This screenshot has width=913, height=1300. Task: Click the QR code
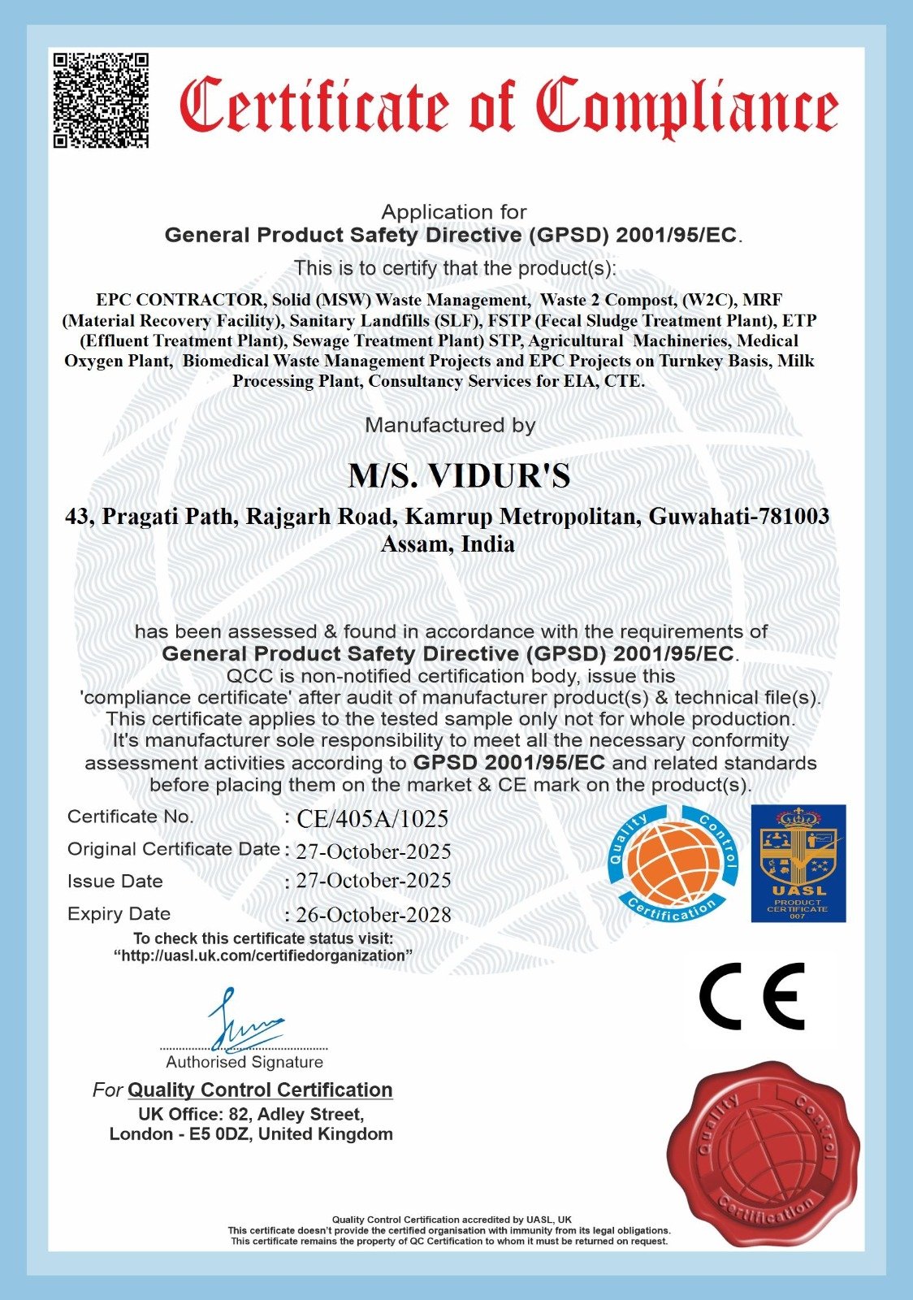click(x=102, y=100)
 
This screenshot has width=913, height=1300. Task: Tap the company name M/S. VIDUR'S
click(x=459, y=476)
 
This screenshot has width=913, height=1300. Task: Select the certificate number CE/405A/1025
click(x=373, y=819)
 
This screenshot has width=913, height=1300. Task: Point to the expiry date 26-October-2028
click(x=374, y=915)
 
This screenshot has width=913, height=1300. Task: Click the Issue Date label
click(x=115, y=882)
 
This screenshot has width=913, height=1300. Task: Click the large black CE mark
click(x=751, y=997)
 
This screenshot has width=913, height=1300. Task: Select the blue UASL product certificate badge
click(x=798, y=863)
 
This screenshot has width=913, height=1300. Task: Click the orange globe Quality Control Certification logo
click(x=673, y=863)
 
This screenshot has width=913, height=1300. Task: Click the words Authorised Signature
click(x=244, y=1062)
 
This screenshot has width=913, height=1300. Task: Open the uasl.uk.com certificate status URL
click(x=263, y=956)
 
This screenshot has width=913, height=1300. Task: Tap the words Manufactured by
click(x=450, y=425)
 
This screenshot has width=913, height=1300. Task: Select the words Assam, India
click(x=448, y=544)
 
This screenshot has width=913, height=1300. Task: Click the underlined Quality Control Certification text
click(x=260, y=1090)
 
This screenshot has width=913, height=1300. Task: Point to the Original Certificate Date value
click(x=374, y=851)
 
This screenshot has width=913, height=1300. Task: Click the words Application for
click(x=454, y=212)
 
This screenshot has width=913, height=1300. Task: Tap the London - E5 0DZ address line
click(x=251, y=1134)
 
